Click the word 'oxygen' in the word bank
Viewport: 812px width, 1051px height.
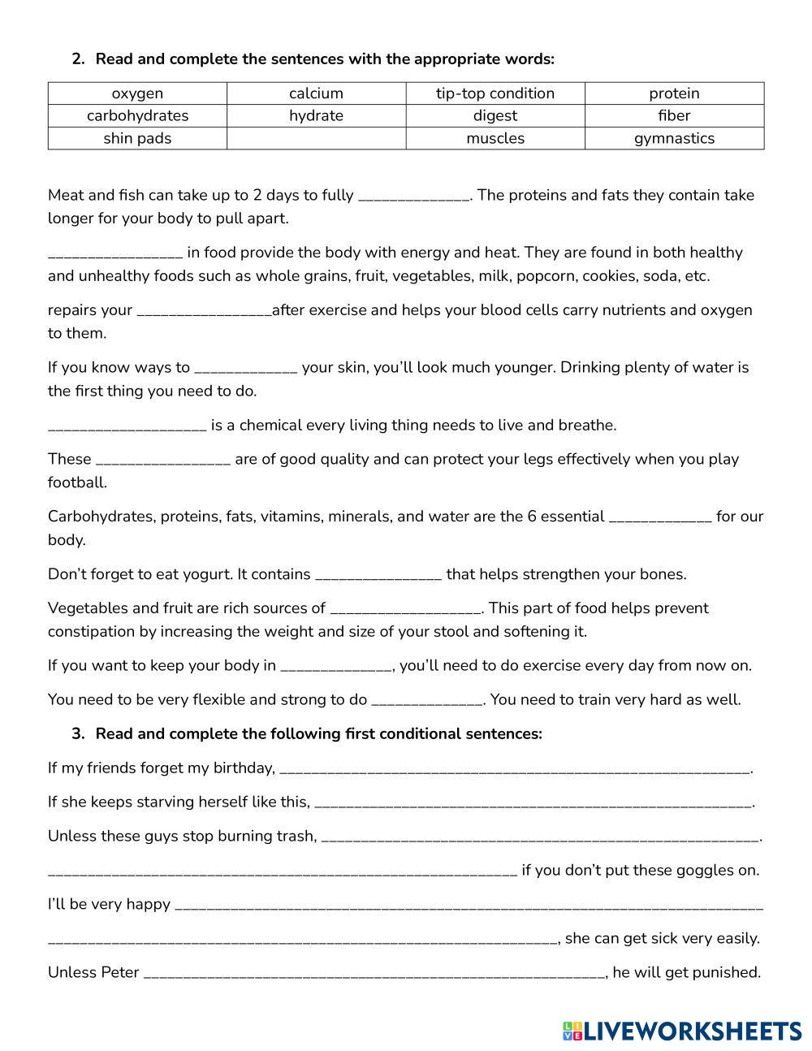point(137,93)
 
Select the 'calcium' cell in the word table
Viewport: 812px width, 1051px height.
point(316,93)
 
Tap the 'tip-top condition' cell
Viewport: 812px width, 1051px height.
point(495,93)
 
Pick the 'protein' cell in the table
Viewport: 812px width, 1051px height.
point(674,93)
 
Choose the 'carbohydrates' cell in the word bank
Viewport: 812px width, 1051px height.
point(137,115)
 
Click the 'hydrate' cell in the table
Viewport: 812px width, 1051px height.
point(316,115)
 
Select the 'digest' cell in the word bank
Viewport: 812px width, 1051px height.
point(495,115)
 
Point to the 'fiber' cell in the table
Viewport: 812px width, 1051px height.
point(674,115)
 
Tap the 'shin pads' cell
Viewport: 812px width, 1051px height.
point(137,138)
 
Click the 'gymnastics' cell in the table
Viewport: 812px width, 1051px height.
point(674,138)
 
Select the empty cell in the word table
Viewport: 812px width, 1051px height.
point(316,138)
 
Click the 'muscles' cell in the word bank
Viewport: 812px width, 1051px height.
point(495,138)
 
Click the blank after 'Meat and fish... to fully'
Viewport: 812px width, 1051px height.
point(413,197)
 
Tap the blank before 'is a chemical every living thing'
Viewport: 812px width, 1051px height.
point(127,426)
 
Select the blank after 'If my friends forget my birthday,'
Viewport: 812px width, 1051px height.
point(515,769)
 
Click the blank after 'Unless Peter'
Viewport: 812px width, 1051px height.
point(374,974)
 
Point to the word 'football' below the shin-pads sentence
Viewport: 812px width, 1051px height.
point(76,482)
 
